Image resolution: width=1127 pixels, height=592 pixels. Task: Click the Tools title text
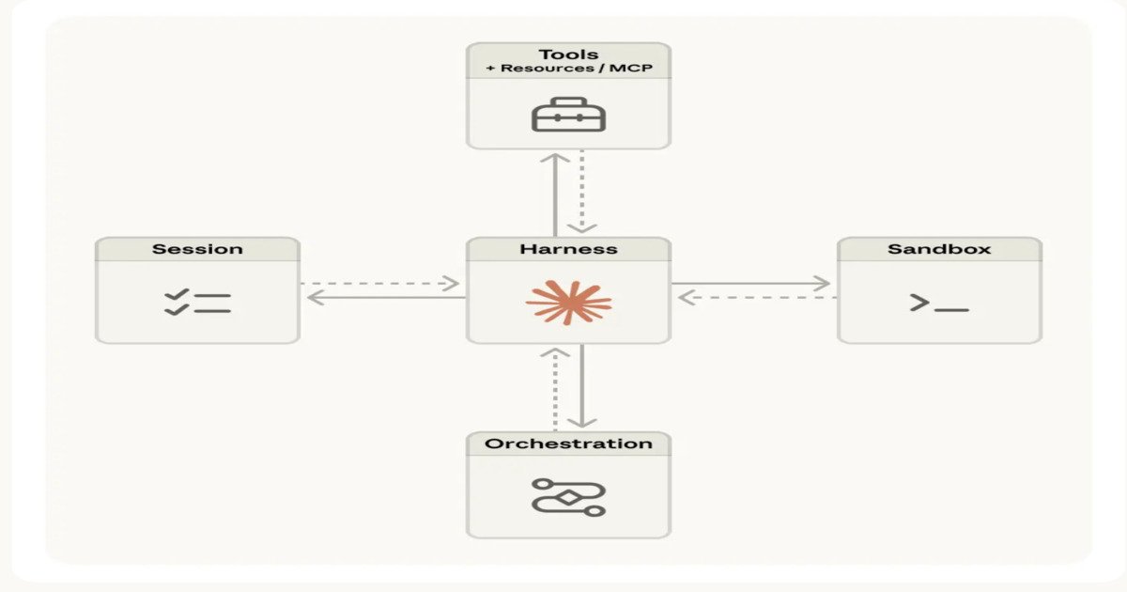point(568,55)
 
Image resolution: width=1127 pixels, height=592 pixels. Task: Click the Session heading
point(197,249)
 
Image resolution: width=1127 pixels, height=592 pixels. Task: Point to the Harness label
point(568,249)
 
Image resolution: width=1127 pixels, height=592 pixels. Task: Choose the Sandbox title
point(939,249)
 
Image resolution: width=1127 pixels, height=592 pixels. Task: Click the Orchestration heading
point(568,444)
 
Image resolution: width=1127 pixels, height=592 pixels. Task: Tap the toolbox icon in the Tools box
point(568,115)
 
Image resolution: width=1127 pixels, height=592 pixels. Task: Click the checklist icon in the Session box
point(197,303)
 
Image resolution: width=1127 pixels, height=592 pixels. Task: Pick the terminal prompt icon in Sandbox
point(938,304)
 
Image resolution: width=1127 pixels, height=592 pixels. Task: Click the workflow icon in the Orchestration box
point(568,496)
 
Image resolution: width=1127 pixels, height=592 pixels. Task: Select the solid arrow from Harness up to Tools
point(555,193)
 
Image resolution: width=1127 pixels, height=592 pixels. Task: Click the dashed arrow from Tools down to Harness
point(581,193)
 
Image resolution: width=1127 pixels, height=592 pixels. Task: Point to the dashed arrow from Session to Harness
point(380,283)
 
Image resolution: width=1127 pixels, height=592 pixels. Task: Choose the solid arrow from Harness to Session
point(385,297)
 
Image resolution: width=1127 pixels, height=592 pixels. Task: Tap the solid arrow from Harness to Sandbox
point(751,283)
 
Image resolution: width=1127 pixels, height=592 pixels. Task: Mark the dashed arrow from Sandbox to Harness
point(756,297)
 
